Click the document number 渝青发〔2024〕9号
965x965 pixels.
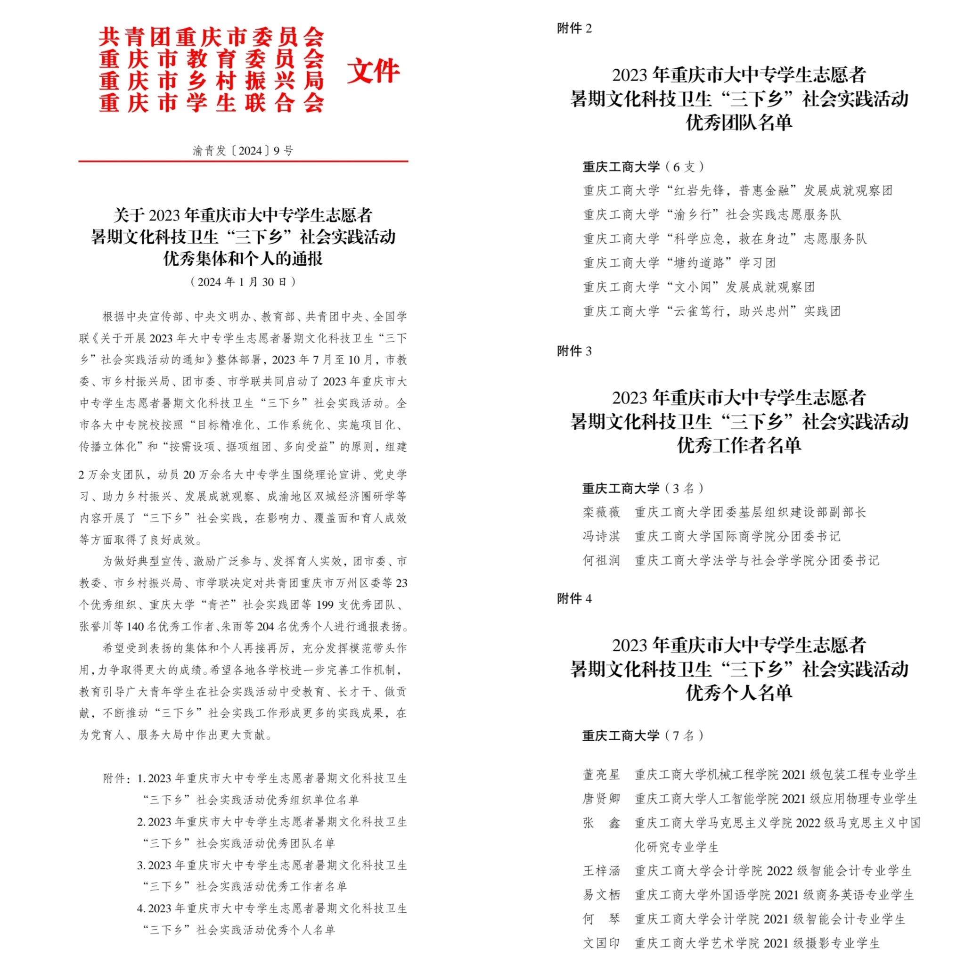point(243,151)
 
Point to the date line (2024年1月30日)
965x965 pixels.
point(243,282)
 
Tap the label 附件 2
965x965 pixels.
point(574,29)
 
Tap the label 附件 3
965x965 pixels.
point(574,351)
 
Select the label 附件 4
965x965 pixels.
point(574,598)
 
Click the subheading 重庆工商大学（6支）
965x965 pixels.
point(643,167)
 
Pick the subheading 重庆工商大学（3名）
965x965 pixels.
point(643,489)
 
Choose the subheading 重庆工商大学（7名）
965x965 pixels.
point(643,736)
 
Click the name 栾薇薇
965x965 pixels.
point(601,512)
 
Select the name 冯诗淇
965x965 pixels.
point(601,536)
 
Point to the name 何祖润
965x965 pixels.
point(601,560)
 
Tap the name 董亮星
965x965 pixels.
point(601,775)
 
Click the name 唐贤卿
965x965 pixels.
point(601,799)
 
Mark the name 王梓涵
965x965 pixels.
point(601,871)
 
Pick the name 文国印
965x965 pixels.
point(601,943)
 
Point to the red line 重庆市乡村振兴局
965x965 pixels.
point(211,82)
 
